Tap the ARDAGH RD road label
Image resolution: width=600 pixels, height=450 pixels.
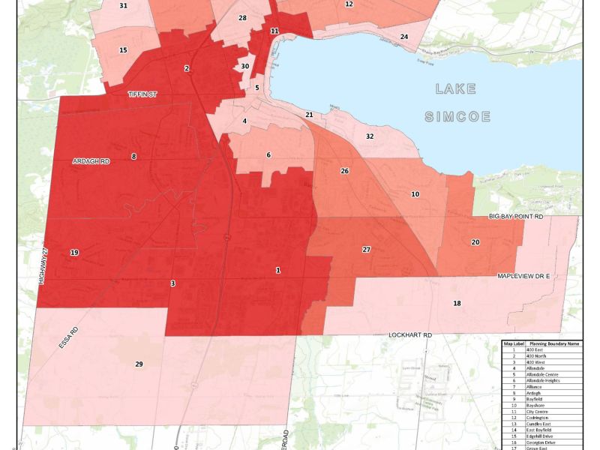pos(91,161)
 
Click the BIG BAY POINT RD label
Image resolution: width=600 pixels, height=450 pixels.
pos(515,216)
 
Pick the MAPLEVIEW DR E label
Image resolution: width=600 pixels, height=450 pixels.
pos(524,276)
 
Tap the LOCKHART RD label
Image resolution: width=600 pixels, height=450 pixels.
pos(410,334)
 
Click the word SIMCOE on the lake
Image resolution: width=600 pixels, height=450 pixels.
pos(457,117)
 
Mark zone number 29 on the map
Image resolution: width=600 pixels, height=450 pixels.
pos(139,364)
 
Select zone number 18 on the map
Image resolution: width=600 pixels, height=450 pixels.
pos(457,303)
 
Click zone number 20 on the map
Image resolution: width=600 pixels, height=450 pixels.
pos(475,242)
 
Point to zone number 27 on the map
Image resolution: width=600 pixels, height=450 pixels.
pos(367,249)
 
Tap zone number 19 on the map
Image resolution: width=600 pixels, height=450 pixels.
pos(74,253)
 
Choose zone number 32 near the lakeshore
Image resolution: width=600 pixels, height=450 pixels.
pos(370,136)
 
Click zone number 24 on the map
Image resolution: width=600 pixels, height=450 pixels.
pos(404,37)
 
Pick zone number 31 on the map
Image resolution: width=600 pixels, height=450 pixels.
pos(123,6)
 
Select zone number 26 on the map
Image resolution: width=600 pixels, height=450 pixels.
pos(345,171)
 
